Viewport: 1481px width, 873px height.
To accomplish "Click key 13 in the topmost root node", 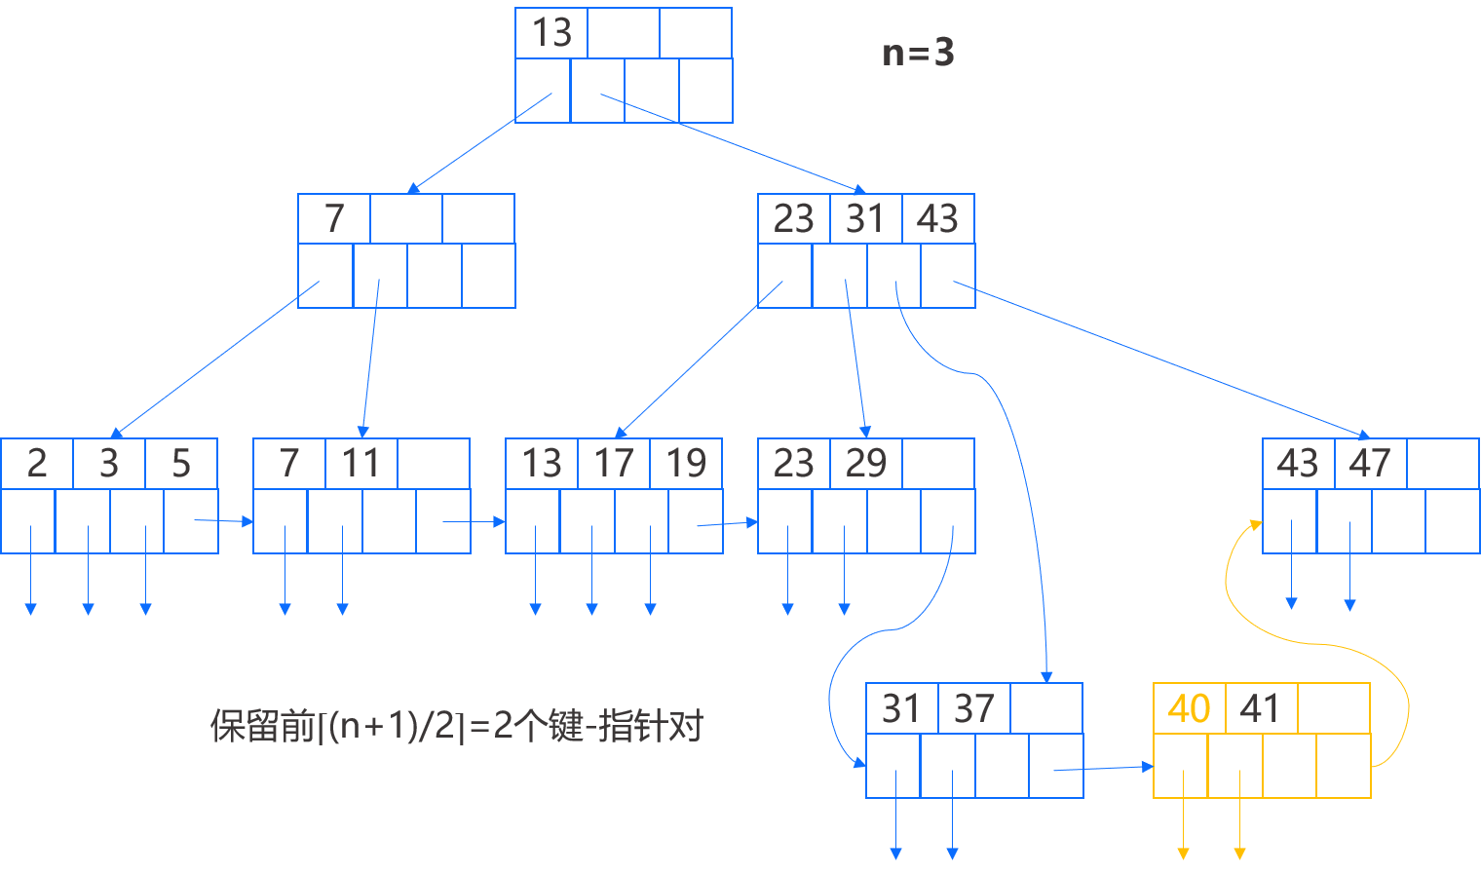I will click(x=551, y=33).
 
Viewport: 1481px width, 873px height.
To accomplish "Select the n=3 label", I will click(x=918, y=53).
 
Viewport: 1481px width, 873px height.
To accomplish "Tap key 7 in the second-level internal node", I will click(x=334, y=218).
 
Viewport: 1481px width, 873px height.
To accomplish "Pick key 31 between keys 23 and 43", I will click(x=865, y=218).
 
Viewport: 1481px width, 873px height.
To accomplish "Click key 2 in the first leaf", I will click(x=37, y=464).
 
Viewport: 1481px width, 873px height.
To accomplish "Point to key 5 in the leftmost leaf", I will click(x=181, y=464).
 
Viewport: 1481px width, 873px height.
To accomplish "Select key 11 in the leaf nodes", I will click(x=361, y=464).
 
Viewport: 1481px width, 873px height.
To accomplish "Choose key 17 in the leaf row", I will click(x=614, y=464).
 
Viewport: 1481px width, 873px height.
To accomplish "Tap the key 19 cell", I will click(x=686, y=464).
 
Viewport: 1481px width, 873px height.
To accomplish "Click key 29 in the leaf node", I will click(x=865, y=464).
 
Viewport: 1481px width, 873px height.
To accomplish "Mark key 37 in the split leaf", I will click(x=973, y=708).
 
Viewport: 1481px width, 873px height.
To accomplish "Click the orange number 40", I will click(x=1189, y=708).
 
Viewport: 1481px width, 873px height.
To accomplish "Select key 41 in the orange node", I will click(x=1261, y=708).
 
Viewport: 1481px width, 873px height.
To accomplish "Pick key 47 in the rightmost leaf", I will click(x=1370, y=464).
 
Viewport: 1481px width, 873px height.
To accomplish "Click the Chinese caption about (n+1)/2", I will click(x=456, y=726).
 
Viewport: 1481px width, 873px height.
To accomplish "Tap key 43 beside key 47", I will click(x=1298, y=464).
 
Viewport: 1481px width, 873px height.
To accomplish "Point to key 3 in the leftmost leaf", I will click(x=109, y=464).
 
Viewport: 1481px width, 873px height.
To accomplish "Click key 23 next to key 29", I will click(x=793, y=464).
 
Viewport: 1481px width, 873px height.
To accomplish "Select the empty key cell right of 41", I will click(x=1334, y=708).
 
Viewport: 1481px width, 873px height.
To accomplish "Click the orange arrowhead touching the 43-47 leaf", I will click(x=1255, y=525).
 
